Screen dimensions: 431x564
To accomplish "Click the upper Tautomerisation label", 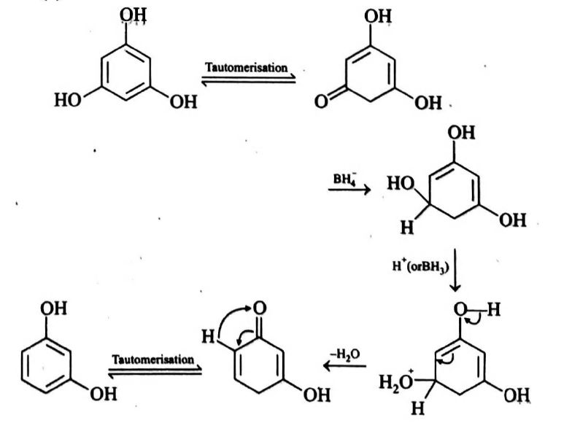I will coord(246,67).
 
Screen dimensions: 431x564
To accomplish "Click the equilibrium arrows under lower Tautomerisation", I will coord(155,370).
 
